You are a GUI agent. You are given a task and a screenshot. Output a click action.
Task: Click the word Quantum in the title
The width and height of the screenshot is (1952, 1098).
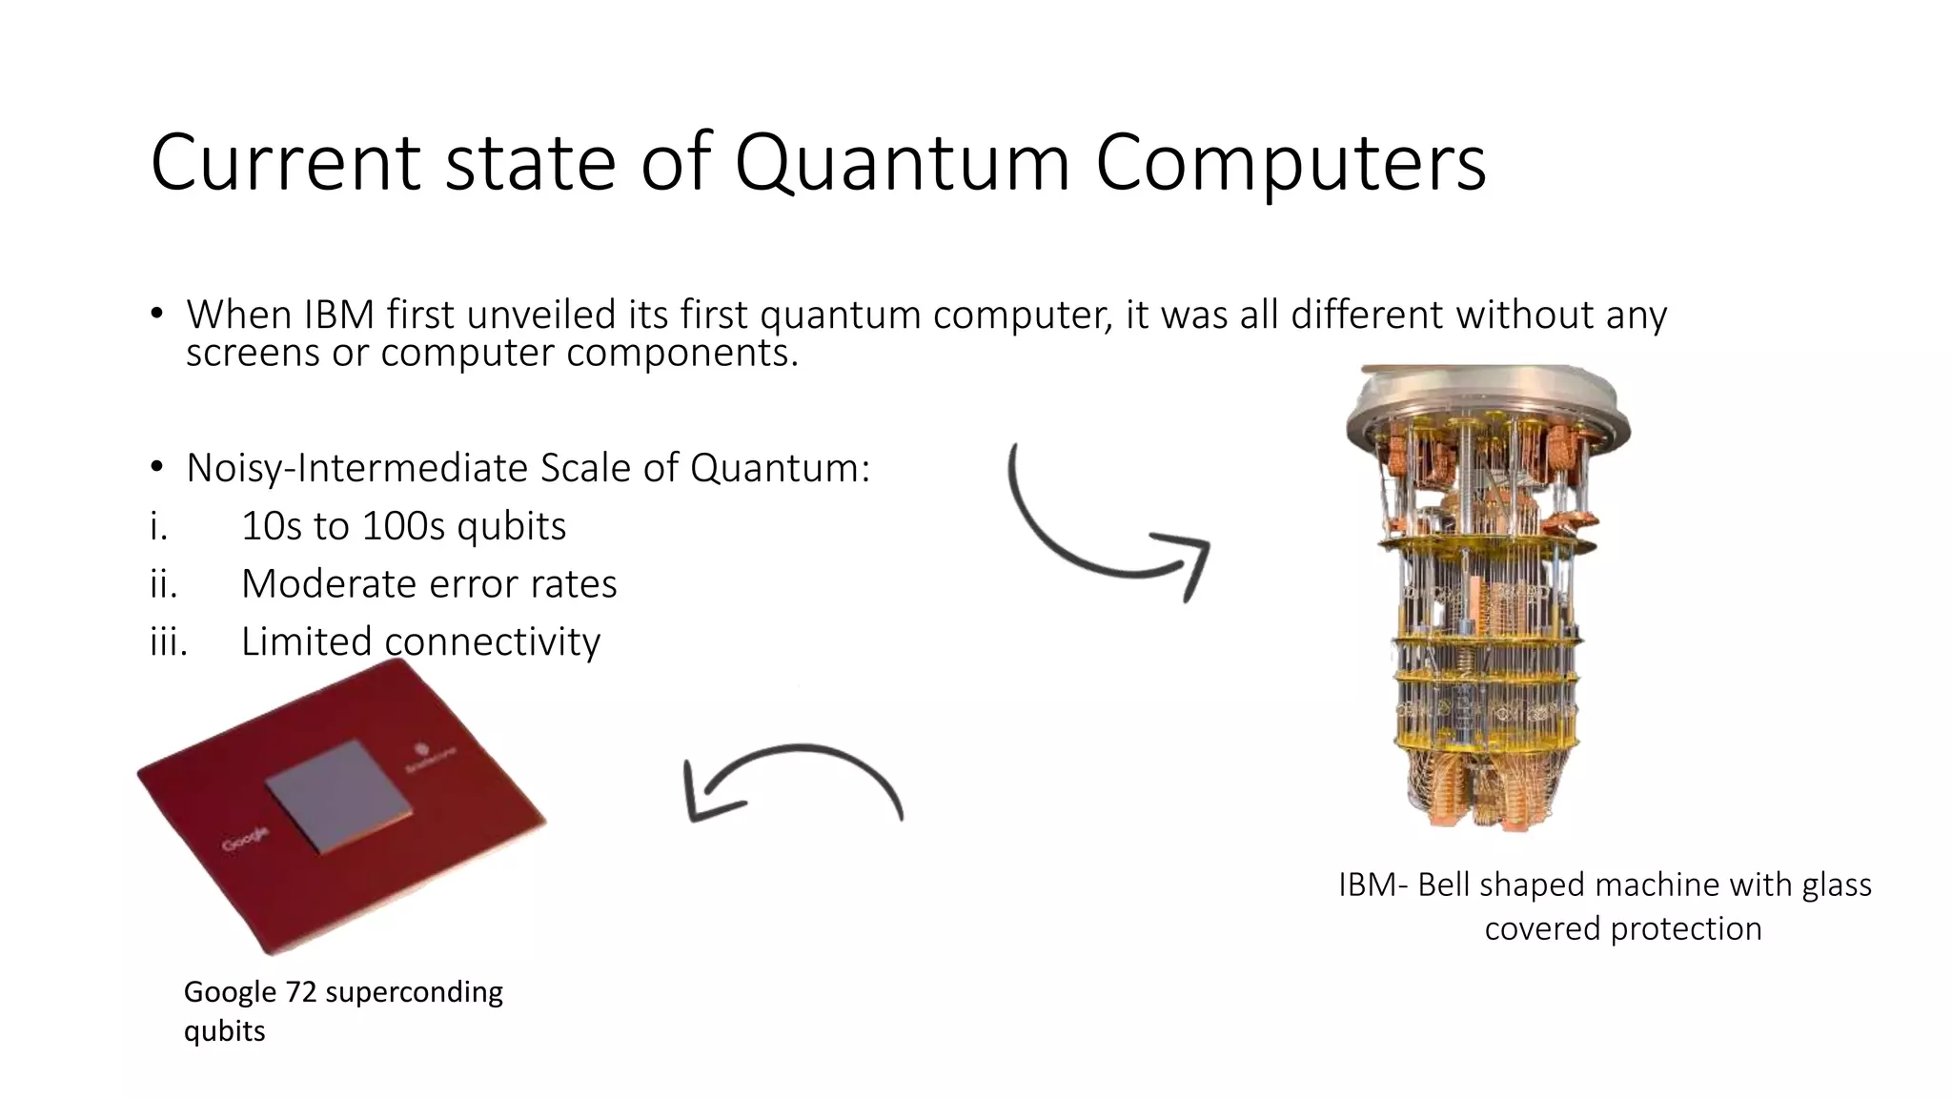click(x=902, y=164)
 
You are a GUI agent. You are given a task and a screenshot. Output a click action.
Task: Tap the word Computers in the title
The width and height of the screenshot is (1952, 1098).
click(x=1291, y=164)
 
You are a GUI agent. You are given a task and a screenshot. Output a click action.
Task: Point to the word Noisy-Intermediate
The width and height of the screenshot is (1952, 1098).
click(x=357, y=468)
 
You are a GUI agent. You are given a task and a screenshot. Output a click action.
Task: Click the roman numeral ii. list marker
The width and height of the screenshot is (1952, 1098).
click(x=164, y=583)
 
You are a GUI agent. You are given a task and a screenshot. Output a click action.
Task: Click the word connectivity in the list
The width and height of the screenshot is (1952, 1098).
click(x=492, y=641)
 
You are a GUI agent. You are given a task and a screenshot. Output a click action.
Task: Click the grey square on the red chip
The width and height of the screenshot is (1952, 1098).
click(x=339, y=794)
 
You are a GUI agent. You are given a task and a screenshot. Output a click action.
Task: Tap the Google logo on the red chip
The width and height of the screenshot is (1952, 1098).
click(x=245, y=840)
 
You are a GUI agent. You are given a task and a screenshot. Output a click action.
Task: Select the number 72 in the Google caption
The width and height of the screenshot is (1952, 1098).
click(x=300, y=992)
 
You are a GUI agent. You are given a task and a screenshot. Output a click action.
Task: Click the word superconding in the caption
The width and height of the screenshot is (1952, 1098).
click(x=415, y=992)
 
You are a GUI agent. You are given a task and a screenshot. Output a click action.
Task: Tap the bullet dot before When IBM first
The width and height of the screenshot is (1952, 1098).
click(x=156, y=315)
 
